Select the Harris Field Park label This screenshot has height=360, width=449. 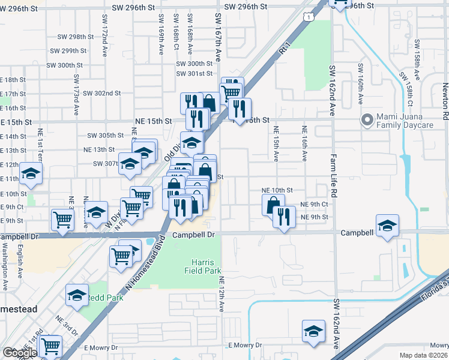coord(207,266)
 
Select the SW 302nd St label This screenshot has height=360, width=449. coord(102,94)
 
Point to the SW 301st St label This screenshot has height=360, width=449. coord(194,74)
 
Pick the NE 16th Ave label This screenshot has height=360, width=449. coord(304,143)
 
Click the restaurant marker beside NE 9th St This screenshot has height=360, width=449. coord(284,216)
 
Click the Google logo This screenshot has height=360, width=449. coord(19,353)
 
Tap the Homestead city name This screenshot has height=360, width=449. coord(17,309)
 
